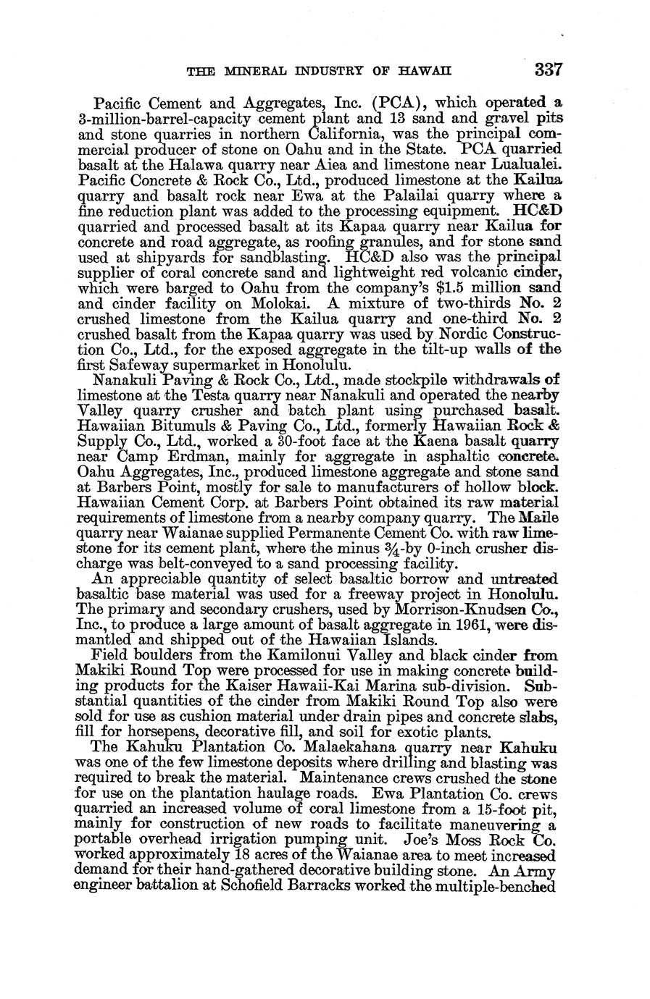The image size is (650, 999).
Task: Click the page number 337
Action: [548, 70]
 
